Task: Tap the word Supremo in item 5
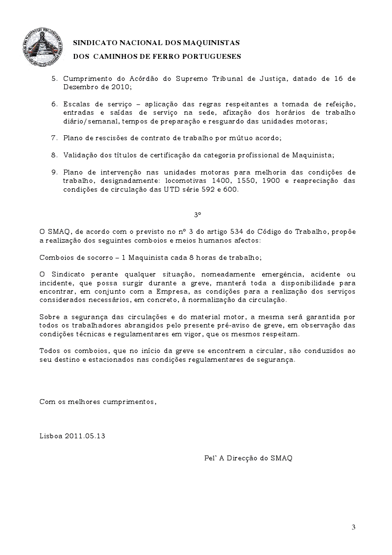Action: click(x=179, y=78)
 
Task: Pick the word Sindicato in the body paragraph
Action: click(x=65, y=274)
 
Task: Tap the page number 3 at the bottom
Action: click(x=353, y=527)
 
